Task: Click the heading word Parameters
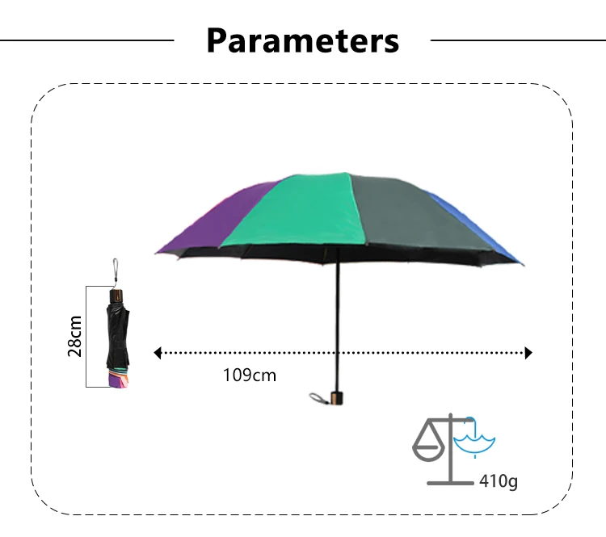tap(303, 40)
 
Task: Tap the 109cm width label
tap(249, 375)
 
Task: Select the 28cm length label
tap(75, 335)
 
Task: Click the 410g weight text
tap(498, 482)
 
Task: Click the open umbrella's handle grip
tap(337, 396)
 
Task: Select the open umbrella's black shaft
tap(337, 323)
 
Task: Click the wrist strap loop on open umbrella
tap(317, 397)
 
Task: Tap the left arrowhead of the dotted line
tap(158, 353)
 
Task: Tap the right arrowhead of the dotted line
tap(528, 353)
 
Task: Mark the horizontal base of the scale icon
tap(450, 483)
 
